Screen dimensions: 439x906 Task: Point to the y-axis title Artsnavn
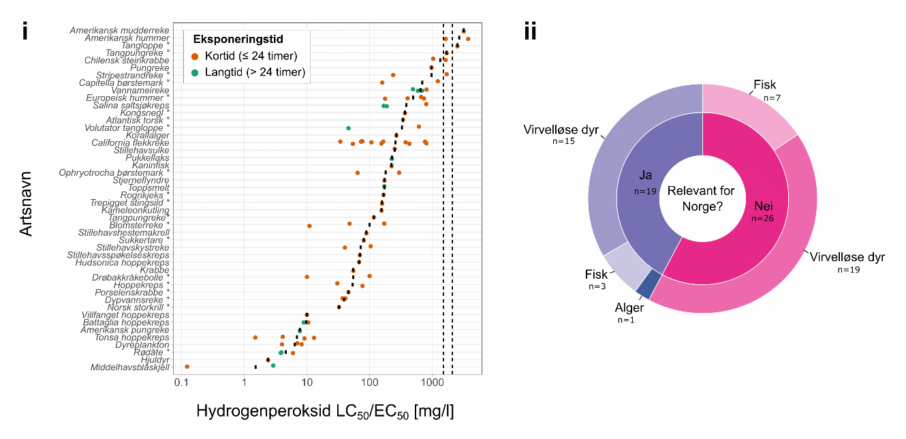[26, 204]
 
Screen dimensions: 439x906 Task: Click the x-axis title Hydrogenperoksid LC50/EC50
[325, 412]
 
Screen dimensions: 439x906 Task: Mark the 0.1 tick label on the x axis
[182, 386]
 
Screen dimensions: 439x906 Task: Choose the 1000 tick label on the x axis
[431, 386]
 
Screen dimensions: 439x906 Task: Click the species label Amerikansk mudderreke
[119, 31]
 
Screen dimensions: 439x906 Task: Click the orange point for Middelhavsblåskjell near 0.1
[187, 367]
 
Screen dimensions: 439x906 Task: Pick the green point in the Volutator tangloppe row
[349, 127]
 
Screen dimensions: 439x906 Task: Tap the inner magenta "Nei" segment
[749, 218]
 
